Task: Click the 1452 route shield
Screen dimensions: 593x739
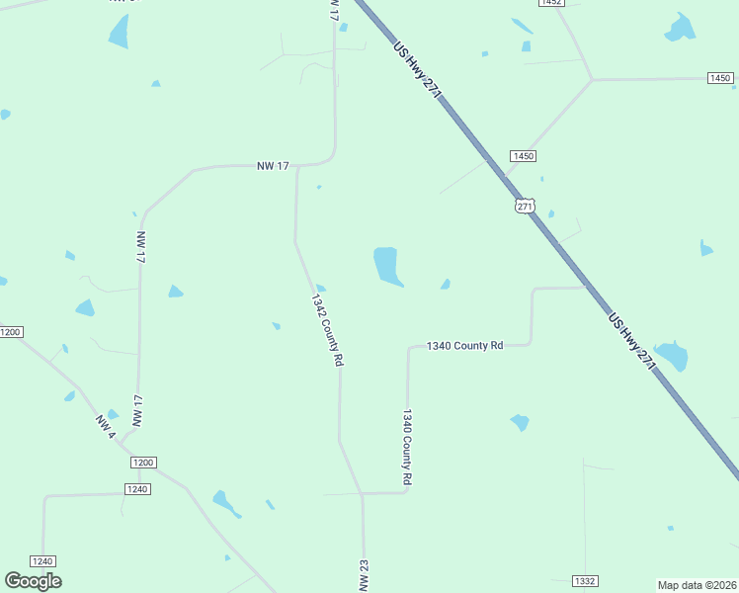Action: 551,3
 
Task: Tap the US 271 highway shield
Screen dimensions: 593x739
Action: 525,206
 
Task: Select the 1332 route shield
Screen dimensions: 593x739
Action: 585,581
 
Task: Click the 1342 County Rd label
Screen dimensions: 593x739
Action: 327,330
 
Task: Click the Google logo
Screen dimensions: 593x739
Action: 34,581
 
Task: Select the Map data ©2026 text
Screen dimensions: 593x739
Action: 698,585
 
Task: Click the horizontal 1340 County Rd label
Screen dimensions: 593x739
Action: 464,346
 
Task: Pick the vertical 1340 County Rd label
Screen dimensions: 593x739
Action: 406,448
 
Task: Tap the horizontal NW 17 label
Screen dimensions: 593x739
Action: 273,166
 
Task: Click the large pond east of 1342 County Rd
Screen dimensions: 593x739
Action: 387,266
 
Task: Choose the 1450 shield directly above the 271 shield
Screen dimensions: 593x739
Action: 524,156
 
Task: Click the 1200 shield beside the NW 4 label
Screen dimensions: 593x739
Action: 143,463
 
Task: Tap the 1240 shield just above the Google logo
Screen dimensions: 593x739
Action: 42,560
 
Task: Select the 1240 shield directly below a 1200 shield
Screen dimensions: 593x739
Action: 137,489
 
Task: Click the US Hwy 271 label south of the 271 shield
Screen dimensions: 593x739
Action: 632,342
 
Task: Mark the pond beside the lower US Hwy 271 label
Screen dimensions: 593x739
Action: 672,356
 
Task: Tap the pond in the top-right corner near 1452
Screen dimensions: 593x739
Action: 680,28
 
